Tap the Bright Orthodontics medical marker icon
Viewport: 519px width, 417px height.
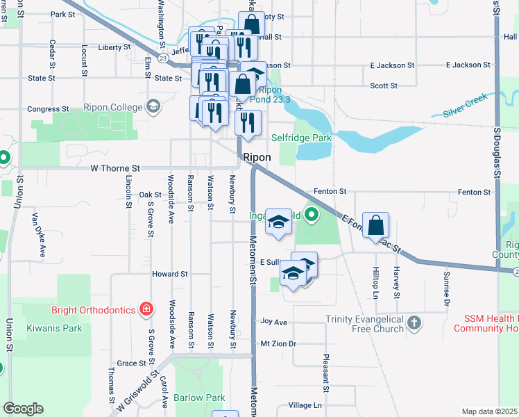(x=146, y=308)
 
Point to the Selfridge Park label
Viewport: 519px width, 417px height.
(x=301, y=138)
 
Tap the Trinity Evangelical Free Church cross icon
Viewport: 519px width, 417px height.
(x=414, y=322)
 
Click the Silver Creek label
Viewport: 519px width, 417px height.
(x=466, y=110)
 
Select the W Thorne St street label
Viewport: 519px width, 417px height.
(x=115, y=168)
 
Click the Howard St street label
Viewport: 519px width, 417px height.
(x=170, y=275)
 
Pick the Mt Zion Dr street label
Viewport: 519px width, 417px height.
(x=278, y=343)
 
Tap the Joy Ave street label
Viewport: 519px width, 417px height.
(x=273, y=322)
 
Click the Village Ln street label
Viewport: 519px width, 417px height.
(x=305, y=405)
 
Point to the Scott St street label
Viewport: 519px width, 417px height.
(x=384, y=86)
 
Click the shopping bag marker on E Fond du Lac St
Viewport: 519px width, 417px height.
(x=375, y=225)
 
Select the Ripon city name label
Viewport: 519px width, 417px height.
(x=256, y=158)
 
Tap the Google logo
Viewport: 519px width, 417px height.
(x=23, y=409)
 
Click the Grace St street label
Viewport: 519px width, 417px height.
(x=132, y=363)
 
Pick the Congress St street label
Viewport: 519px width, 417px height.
(x=48, y=109)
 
